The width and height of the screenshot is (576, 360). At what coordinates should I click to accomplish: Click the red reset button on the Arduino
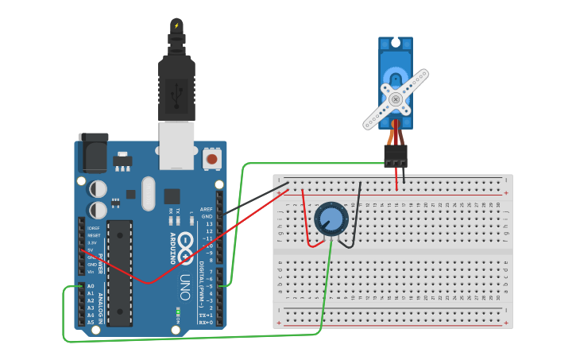point(211,159)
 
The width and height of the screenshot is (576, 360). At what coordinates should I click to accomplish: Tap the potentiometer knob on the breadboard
point(331,219)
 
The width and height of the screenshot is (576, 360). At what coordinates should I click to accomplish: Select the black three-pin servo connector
point(396,157)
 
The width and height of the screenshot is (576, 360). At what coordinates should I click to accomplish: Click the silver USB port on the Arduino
point(176,145)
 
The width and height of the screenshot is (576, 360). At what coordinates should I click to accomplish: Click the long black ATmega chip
point(120,273)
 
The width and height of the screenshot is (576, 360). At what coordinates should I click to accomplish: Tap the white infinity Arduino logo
point(185,247)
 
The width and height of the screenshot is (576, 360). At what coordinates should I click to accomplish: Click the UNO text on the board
point(184,286)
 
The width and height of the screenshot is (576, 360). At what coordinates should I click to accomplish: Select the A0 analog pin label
point(91,286)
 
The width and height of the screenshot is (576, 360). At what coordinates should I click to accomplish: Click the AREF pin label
point(207,209)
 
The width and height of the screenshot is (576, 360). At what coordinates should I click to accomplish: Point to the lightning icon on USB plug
point(176,25)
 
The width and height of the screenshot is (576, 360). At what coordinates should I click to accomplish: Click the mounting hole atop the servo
point(396,42)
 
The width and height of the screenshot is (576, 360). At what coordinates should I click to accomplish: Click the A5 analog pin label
point(91,322)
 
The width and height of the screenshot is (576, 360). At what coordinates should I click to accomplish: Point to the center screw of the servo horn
point(396,99)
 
